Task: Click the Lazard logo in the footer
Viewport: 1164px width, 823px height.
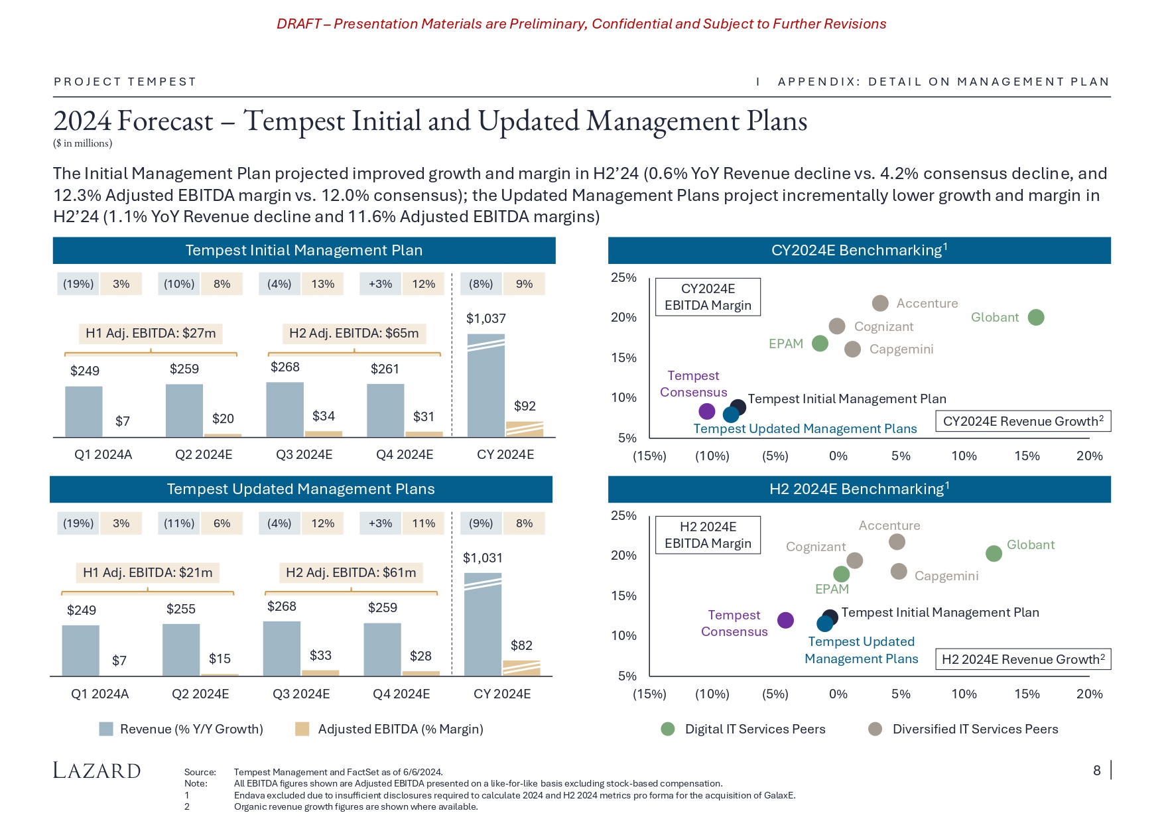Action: coord(97,771)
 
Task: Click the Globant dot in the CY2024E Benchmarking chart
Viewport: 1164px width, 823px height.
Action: coord(1035,318)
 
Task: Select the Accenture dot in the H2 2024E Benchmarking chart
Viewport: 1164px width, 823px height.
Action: coord(897,542)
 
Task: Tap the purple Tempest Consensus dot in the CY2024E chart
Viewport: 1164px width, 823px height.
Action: coord(707,412)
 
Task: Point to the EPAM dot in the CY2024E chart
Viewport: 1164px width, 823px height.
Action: coord(820,344)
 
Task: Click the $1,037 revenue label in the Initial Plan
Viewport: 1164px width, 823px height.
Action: coord(485,319)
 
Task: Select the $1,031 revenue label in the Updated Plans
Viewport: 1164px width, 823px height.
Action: coord(482,558)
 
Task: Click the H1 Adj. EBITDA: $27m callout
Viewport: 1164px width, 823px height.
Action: coord(151,333)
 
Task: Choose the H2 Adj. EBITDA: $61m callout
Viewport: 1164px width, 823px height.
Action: coord(351,572)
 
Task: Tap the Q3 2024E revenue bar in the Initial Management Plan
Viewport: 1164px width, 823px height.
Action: coord(285,409)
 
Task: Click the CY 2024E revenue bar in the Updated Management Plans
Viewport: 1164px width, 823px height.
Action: coord(482,624)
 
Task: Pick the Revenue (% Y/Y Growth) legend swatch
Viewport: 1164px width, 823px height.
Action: coord(106,729)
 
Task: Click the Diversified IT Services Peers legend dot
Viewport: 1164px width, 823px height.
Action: coord(875,729)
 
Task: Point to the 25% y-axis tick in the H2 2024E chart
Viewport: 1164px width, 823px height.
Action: coord(623,516)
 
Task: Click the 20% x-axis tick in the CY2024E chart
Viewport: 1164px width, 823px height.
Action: coord(1089,456)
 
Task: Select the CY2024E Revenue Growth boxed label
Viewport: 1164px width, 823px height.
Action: coord(1023,421)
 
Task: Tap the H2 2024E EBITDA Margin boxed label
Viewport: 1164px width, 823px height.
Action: coord(708,535)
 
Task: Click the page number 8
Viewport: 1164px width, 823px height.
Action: coord(1096,771)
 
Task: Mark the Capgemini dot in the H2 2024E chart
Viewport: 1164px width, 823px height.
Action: coord(899,571)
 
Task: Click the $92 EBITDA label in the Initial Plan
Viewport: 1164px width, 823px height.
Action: coord(525,406)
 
